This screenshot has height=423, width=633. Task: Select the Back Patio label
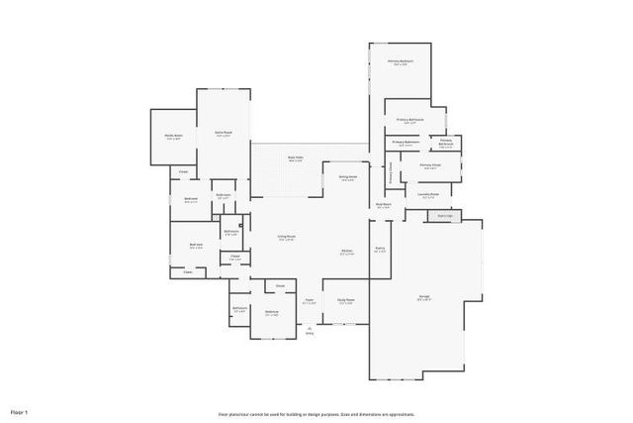click(x=295, y=159)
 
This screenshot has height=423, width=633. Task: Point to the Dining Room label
click(x=348, y=178)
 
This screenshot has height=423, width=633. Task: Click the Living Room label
click(x=287, y=238)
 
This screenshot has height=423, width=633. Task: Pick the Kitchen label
click(x=347, y=252)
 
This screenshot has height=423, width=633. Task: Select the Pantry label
click(x=379, y=250)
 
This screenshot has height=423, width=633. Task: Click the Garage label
click(x=423, y=299)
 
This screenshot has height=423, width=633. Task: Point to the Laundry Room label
click(x=428, y=194)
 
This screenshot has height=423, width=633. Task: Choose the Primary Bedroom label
click(x=400, y=61)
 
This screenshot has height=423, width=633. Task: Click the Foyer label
click(x=309, y=300)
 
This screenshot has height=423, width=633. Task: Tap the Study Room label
click(x=345, y=300)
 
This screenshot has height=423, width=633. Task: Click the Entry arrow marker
click(x=310, y=330)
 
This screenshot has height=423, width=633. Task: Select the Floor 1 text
click(x=20, y=410)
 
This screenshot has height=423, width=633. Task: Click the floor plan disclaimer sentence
click(x=316, y=414)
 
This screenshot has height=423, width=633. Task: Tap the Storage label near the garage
click(x=444, y=215)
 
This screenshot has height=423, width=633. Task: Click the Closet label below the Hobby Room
click(x=183, y=172)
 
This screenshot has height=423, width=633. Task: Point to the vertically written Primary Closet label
click(x=390, y=173)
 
